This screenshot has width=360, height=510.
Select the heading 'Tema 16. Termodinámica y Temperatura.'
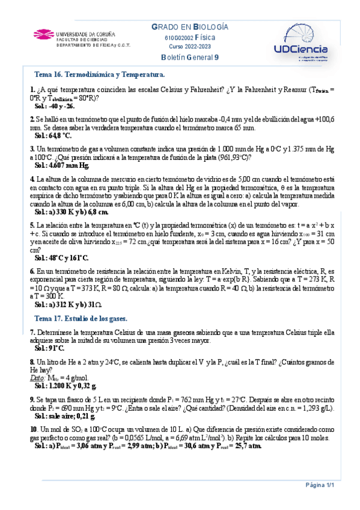point(100,75)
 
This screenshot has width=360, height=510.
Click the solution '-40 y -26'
point(63,106)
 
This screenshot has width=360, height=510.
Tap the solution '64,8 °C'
point(64,137)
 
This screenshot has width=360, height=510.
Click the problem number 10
point(34,429)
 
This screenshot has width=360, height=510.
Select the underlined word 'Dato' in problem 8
point(36,377)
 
